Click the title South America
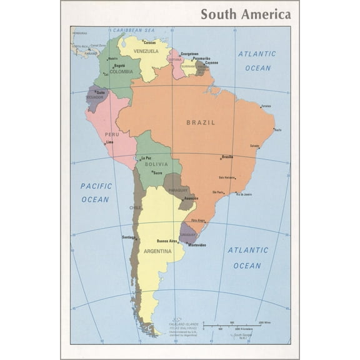pyautogui.click(x=245, y=14)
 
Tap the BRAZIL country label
pyautogui.click(x=200, y=122)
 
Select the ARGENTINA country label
pyautogui.click(x=157, y=251)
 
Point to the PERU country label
pyautogui.click(x=112, y=134)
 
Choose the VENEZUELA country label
pyautogui.click(x=146, y=51)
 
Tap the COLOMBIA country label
pyautogui.click(x=121, y=72)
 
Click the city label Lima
pyautogui.click(x=110, y=142)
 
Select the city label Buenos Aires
pyautogui.click(x=167, y=241)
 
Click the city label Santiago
pyautogui.click(x=129, y=237)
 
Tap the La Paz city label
pyautogui.click(x=147, y=158)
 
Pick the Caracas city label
pyautogui.click(x=149, y=42)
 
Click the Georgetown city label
pyautogui.click(x=190, y=54)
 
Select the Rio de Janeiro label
pyautogui.click(x=244, y=194)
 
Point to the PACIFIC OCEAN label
pyautogui.click(x=96, y=192)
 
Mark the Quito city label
pyautogui.click(x=101, y=92)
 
